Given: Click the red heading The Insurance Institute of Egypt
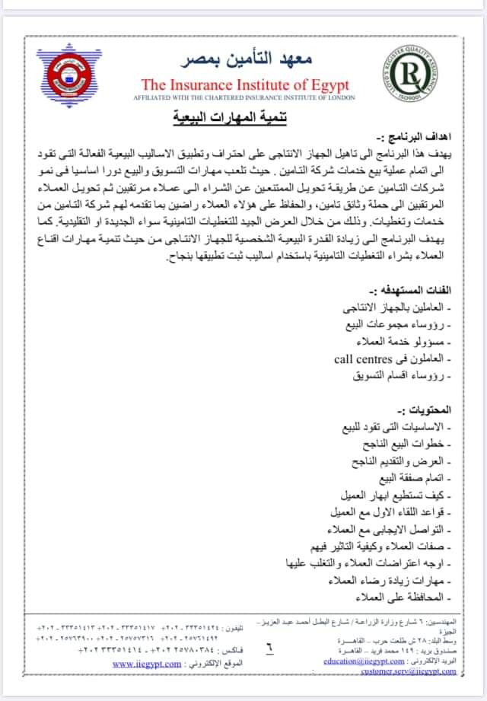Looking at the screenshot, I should (237, 84).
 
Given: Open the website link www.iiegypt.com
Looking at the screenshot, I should (146, 663).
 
